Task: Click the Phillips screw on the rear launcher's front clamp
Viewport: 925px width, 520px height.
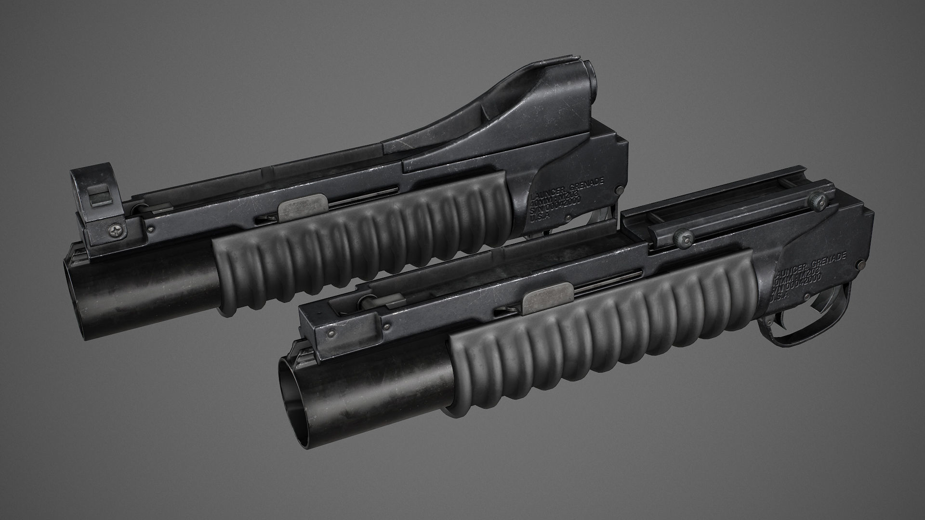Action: [x=116, y=231]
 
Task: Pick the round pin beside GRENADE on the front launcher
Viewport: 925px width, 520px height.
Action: [x=861, y=265]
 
